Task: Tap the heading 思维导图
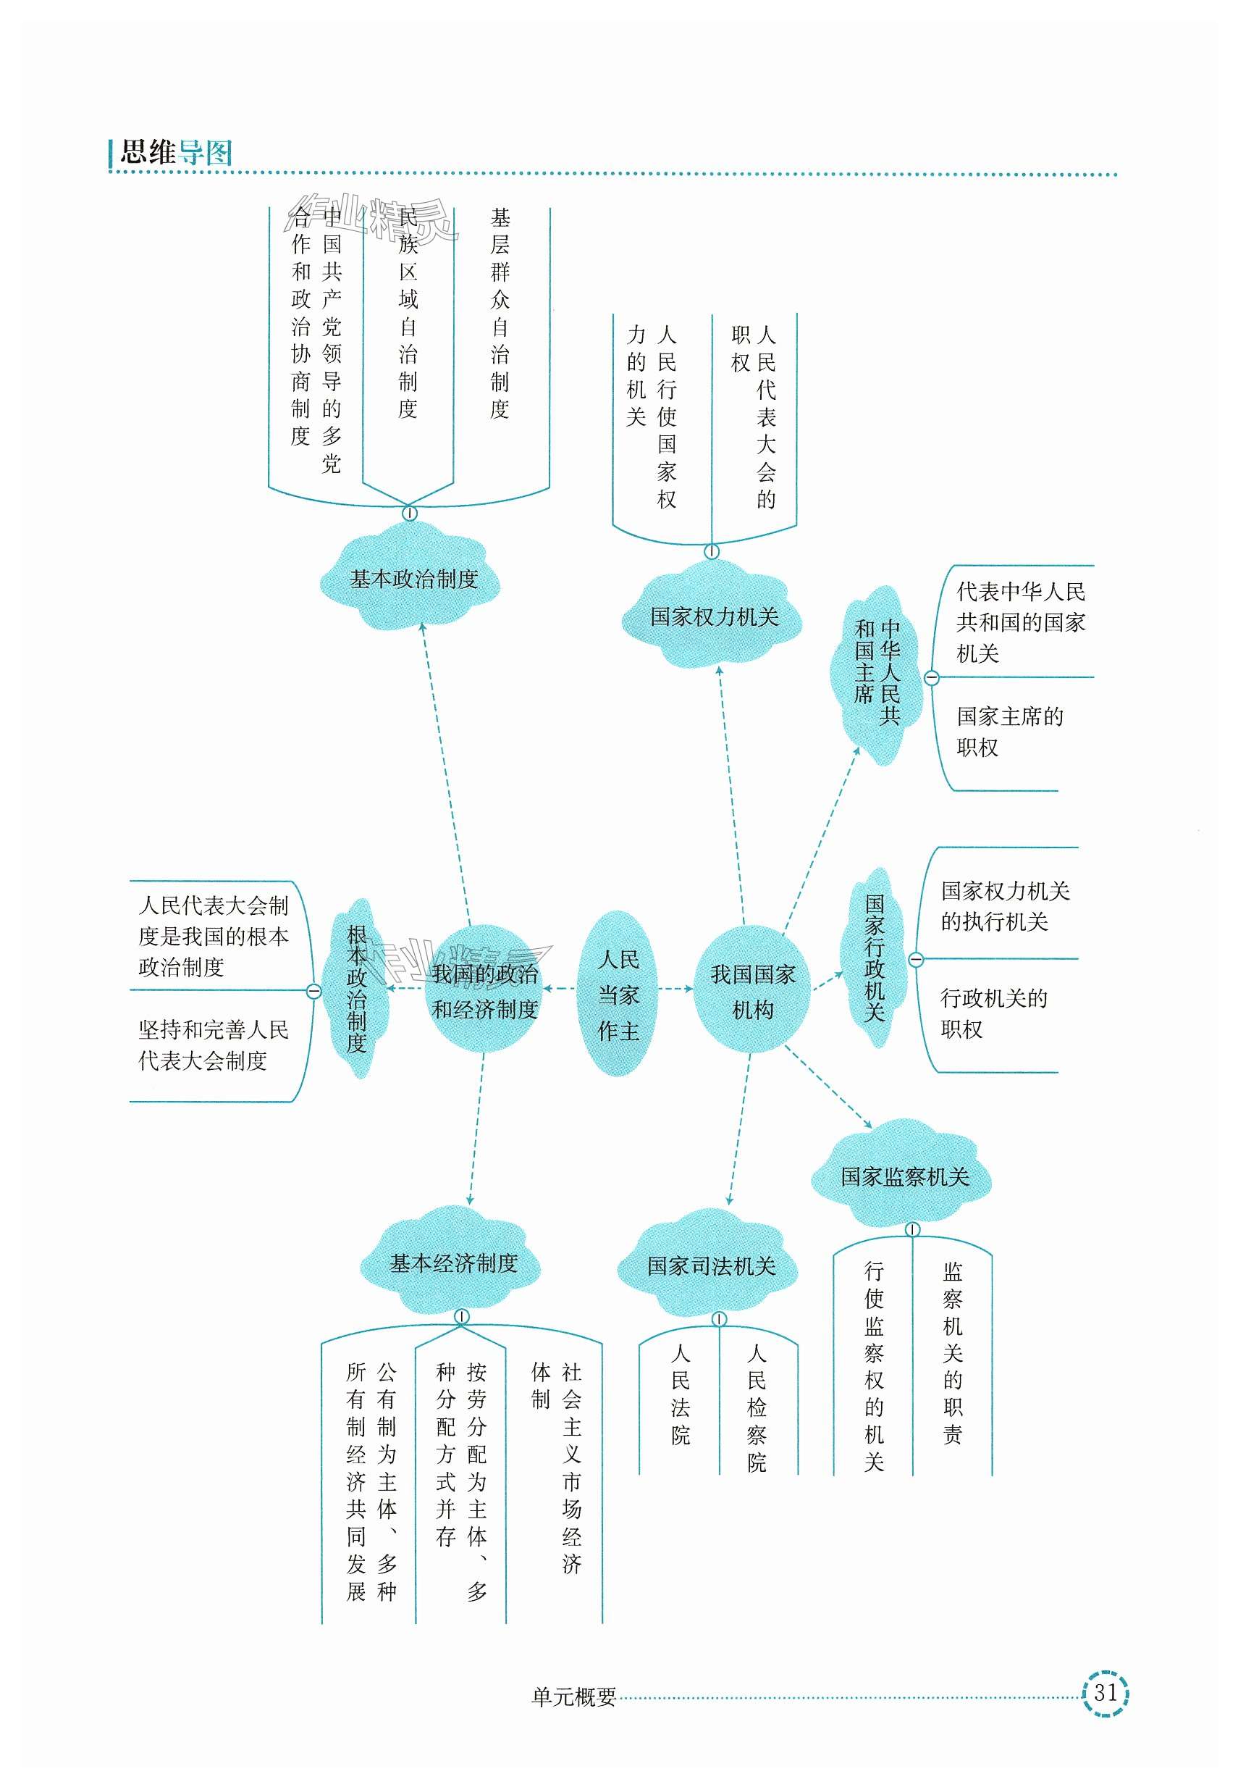tap(176, 152)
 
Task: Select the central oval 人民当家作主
tap(618, 995)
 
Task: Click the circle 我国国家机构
tap(751, 991)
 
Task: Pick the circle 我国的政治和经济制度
tap(484, 991)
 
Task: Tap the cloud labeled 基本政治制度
tap(413, 579)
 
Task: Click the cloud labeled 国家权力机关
tap(713, 616)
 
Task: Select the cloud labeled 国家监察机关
tap(904, 1176)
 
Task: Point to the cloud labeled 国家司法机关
tap(710, 1265)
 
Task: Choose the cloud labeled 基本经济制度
tap(453, 1263)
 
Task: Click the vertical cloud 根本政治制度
tap(356, 989)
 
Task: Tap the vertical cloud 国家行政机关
tap(875, 958)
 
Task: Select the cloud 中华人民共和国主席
tap(877, 672)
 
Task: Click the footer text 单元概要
tap(573, 1697)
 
